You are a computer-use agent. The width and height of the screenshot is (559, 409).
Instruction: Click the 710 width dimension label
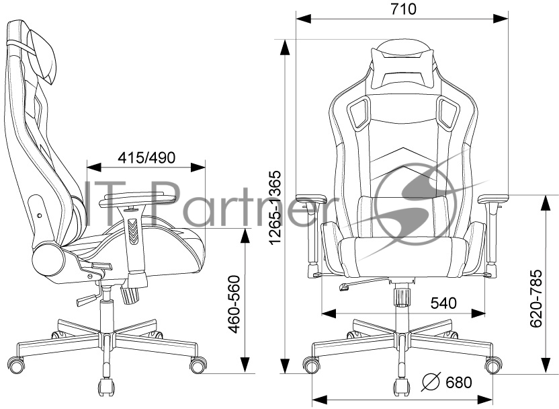click(404, 9)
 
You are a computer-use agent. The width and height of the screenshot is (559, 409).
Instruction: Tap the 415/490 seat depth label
click(146, 157)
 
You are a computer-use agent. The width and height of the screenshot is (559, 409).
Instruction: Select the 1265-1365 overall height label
click(275, 208)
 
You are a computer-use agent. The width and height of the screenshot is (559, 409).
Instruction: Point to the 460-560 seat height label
click(234, 305)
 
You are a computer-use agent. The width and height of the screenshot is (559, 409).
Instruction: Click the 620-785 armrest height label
click(536, 299)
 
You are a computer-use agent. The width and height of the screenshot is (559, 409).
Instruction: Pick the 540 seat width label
click(443, 303)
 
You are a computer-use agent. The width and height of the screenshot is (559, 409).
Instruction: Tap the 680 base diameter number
click(459, 382)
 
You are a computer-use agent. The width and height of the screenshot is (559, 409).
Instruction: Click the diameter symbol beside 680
click(431, 381)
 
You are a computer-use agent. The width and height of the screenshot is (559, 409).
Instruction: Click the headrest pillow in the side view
click(42, 55)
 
